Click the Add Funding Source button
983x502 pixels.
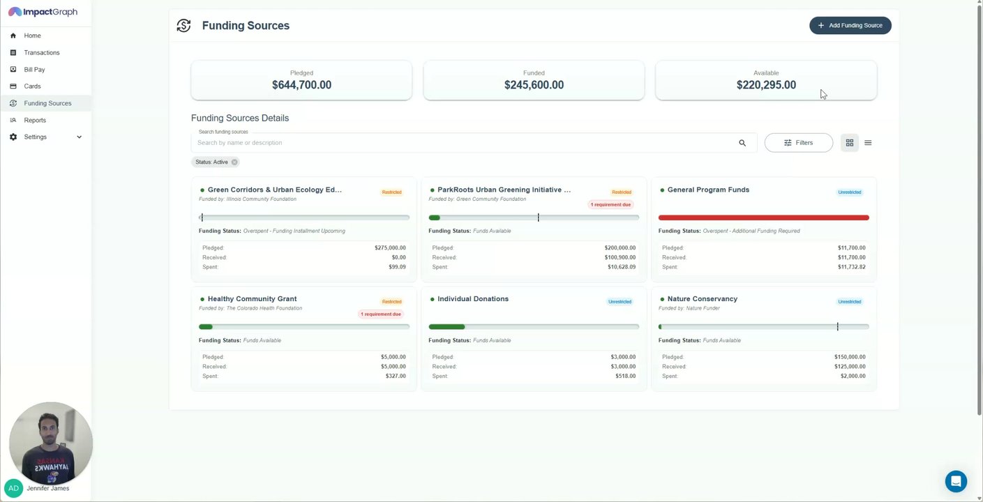click(x=850, y=25)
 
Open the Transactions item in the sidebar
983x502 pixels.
click(x=41, y=52)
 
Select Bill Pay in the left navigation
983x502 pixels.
click(x=34, y=70)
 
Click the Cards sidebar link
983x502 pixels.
click(x=32, y=86)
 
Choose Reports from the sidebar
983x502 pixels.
click(x=35, y=120)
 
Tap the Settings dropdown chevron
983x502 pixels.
click(x=79, y=137)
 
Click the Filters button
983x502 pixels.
click(x=798, y=143)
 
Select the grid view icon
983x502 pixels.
click(x=849, y=143)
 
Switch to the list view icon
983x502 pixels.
click(x=868, y=143)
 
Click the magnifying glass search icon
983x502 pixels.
click(x=742, y=143)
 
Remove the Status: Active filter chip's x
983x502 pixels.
click(x=234, y=162)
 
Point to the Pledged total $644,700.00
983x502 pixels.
click(x=301, y=85)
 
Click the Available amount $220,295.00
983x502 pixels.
click(x=765, y=85)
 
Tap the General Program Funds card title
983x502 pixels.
click(x=708, y=190)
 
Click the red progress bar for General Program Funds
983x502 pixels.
click(x=763, y=218)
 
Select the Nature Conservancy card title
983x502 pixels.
click(x=702, y=299)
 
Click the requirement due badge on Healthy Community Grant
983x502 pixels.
click(x=381, y=314)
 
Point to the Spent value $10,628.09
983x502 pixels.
click(x=620, y=267)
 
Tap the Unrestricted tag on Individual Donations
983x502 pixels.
click(x=620, y=302)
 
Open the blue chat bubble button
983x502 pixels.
click(x=956, y=481)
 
